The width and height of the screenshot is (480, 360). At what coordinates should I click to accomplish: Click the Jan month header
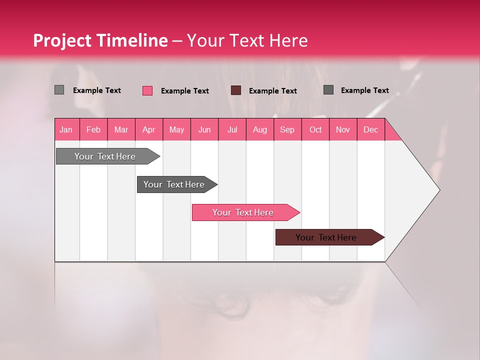[x=66, y=129]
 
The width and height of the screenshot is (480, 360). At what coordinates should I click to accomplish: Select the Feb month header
[x=93, y=129]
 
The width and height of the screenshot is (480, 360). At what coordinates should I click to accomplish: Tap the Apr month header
[x=148, y=129]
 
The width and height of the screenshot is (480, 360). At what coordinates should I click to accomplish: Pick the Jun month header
[x=204, y=129]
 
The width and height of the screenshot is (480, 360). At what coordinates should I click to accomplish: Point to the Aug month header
[x=259, y=129]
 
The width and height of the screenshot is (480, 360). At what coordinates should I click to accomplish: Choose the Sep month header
[x=287, y=129]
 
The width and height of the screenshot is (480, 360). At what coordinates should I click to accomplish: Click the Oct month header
[x=315, y=129]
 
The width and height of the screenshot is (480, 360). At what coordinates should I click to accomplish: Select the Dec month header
[x=370, y=129]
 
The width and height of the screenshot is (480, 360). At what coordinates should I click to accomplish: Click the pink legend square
[x=147, y=90]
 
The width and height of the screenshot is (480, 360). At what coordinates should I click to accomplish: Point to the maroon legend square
[x=236, y=90]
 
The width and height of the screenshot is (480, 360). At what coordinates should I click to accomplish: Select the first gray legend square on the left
[x=59, y=90]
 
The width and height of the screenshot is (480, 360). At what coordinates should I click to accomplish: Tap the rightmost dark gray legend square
[x=328, y=90]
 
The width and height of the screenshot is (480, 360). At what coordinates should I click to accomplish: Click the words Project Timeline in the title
[x=100, y=40]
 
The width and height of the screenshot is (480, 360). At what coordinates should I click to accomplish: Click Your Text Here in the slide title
[x=247, y=40]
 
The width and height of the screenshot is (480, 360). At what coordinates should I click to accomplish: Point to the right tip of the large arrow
[x=438, y=190]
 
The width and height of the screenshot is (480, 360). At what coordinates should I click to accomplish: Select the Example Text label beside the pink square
[x=185, y=91]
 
